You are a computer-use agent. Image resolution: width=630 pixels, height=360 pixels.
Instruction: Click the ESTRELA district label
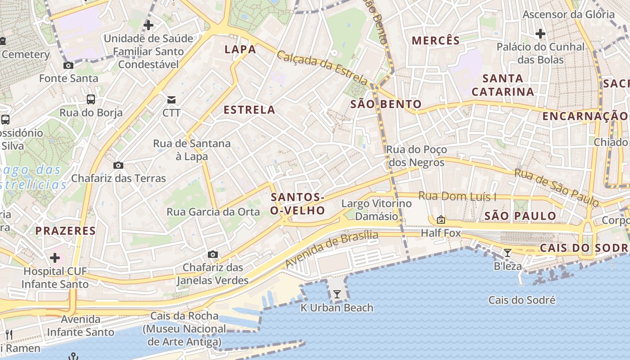249,110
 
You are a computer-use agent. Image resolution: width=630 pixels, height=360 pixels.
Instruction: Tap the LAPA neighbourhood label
240,49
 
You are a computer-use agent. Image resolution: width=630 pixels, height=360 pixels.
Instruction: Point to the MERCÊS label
436,40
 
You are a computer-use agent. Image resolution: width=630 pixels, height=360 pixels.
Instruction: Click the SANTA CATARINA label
503,85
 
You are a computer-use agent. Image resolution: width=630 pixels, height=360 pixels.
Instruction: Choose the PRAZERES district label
66,231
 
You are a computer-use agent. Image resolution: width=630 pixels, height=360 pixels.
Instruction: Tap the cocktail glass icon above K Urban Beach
337,294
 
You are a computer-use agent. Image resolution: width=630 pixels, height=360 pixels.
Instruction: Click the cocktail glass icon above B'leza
508,253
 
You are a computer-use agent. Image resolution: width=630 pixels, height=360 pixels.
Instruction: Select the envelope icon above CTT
171,99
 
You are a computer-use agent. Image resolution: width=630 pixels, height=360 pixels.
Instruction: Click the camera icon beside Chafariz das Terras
118,165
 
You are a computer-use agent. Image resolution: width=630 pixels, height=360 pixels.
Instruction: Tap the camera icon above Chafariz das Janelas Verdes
213,255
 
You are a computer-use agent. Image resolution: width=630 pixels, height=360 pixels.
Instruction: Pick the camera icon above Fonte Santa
68,66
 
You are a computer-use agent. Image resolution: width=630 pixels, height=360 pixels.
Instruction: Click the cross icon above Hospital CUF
55,258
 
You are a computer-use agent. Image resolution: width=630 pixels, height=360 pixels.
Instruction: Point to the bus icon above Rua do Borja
91,99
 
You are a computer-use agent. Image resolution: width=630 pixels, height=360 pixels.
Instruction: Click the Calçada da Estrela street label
322,67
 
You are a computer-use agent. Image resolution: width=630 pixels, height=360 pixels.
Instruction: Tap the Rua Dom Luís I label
457,196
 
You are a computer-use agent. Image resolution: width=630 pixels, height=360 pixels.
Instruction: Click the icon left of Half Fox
441,220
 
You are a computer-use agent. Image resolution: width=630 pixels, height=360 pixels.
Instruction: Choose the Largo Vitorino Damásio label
377,210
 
